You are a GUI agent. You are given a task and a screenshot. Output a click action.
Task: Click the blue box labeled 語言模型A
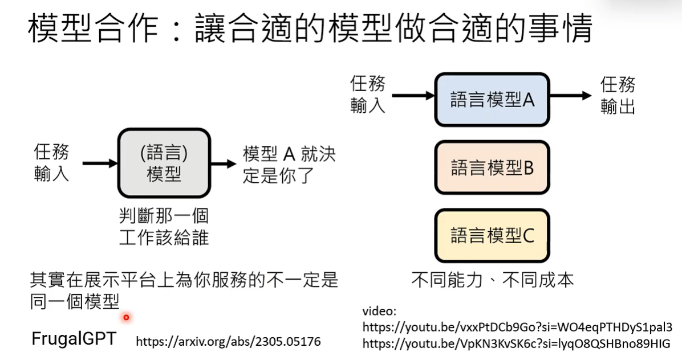click(492, 100)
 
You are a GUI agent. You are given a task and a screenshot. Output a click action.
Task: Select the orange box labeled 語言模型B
click(492, 167)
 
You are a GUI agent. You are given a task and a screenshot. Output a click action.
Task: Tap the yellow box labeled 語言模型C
click(492, 235)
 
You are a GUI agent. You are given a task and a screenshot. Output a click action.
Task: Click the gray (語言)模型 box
click(164, 163)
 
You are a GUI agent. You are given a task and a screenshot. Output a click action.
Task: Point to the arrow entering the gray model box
click(100, 163)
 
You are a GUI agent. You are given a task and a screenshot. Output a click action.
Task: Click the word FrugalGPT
click(74, 339)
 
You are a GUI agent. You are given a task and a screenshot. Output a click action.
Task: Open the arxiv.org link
click(228, 342)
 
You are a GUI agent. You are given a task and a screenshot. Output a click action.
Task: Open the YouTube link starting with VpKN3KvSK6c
click(516, 343)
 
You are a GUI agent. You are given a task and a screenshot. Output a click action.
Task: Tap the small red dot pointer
click(126, 317)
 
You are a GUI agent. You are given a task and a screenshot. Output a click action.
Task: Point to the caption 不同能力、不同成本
click(492, 280)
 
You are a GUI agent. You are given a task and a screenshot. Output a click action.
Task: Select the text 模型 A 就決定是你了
click(289, 164)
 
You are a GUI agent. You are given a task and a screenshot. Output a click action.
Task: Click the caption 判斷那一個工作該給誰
click(164, 226)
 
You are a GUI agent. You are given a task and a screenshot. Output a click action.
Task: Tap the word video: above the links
click(379, 312)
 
